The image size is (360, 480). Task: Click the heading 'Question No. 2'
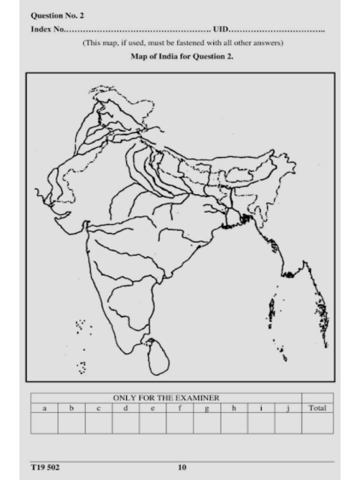coord(57,15)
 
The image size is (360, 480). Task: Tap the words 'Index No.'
coord(47,29)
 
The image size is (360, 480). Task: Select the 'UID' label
coord(220,29)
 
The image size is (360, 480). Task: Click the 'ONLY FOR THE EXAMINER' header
coord(166,398)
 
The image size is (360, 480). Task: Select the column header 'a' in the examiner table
coord(45,408)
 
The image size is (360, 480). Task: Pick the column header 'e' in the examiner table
coord(153,408)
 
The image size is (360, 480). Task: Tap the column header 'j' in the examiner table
coord(288,408)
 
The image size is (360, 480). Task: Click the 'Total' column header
coord(317,408)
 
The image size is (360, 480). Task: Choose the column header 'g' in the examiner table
coord(207,408)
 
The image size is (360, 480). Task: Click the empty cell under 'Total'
coord(317,423)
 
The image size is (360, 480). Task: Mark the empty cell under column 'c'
coord(98,423)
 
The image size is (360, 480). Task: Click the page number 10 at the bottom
coord(182,467)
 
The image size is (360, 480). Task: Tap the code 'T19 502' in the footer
coord(45,467)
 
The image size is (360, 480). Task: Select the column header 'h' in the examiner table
coord(234,408)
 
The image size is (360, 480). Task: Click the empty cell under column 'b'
coord(72,423)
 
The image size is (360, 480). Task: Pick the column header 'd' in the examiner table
coord(126,408)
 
